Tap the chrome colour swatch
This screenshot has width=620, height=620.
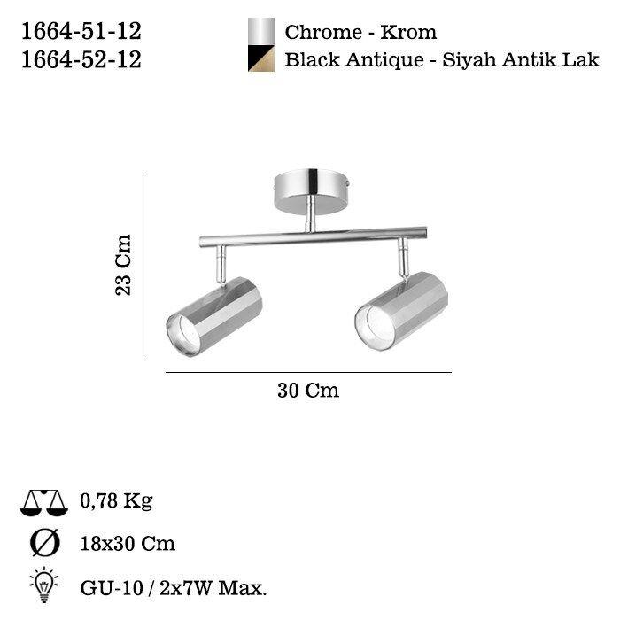click(261, 32)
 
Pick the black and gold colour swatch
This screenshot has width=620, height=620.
click(261, 58)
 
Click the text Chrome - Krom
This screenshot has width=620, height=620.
click(360, 33)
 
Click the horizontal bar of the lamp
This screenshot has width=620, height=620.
click(310, 238)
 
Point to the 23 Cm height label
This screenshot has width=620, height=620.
click(124, 264)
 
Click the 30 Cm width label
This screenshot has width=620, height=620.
click(308, 391)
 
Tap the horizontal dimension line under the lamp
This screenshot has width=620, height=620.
click(308, 373)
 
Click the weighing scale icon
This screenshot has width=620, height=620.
click(43, 503)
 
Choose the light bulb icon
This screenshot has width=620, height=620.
click(43, 585)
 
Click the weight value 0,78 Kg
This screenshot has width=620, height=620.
click(115, 501)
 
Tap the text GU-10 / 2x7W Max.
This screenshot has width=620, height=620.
click(174, 585)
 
